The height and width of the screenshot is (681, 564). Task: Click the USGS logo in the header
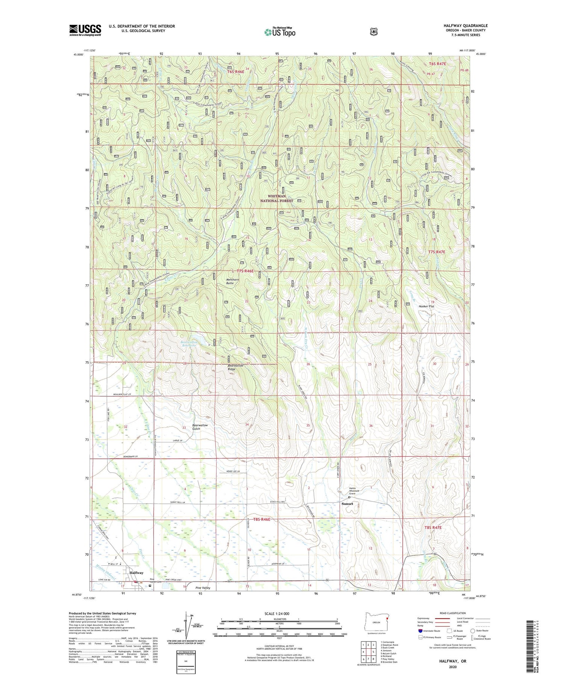pos(85,30)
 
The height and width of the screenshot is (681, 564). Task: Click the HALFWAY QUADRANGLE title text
pos(465,26)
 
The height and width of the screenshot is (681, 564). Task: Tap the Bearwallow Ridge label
pos(236,367)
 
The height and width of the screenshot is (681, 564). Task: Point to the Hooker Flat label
pos(426,306)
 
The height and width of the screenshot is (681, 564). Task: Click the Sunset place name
pos(347,504)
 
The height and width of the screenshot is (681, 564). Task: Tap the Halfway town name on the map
pos(136,572)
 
